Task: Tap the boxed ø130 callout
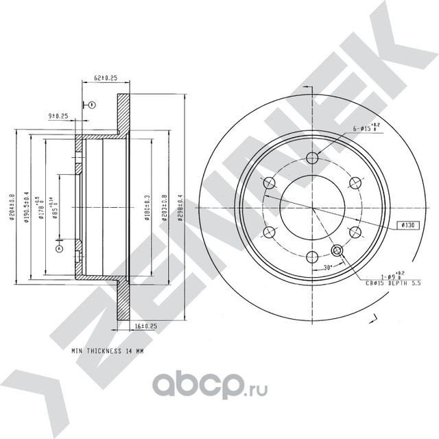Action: (x=409, y=225)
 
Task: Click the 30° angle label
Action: (x=328, y=268)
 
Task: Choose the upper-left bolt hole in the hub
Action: (x=269, y=182)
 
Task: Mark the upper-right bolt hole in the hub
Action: (x=355, y=182)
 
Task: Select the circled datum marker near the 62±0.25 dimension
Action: (x=91, y=104)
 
